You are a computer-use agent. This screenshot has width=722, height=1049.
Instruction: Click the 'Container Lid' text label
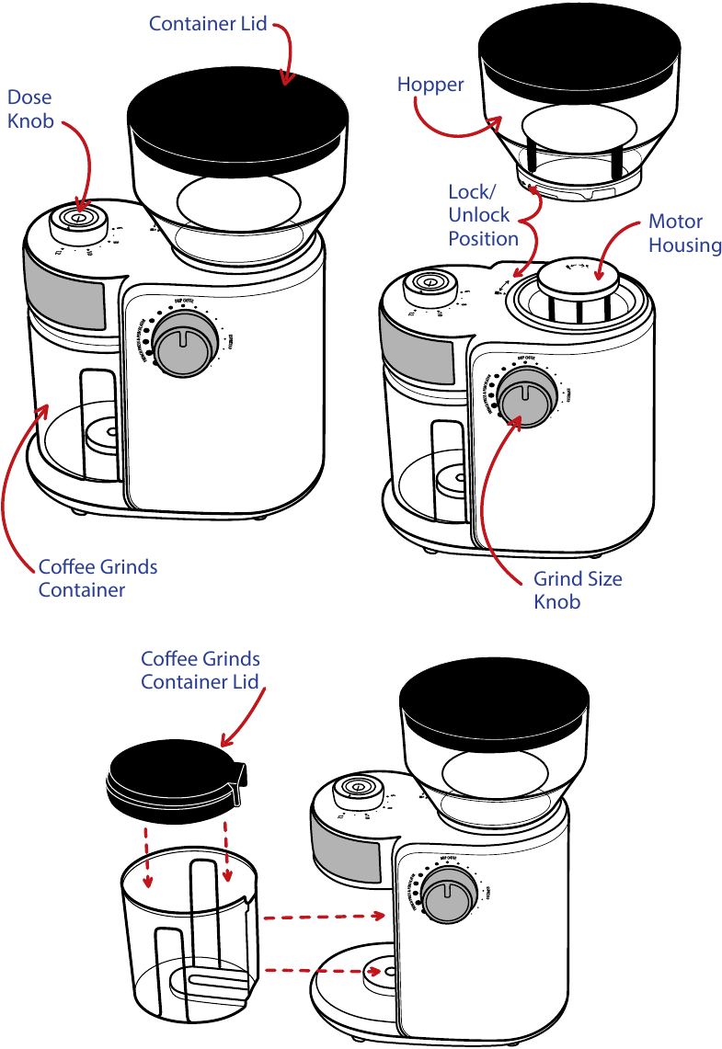[x=208, y=23]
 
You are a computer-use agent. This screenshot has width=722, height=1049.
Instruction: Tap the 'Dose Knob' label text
[x=29, y=108]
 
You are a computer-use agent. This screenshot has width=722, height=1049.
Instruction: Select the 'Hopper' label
[x=430, y=85]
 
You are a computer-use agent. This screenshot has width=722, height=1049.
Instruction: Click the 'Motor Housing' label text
[x=684, y=233]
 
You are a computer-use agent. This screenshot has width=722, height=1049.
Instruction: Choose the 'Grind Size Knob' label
[x=578, y=590]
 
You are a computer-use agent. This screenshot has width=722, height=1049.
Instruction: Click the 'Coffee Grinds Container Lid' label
[x=200, y=670]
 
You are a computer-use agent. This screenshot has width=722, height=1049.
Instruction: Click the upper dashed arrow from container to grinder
[x=322, y=917]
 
